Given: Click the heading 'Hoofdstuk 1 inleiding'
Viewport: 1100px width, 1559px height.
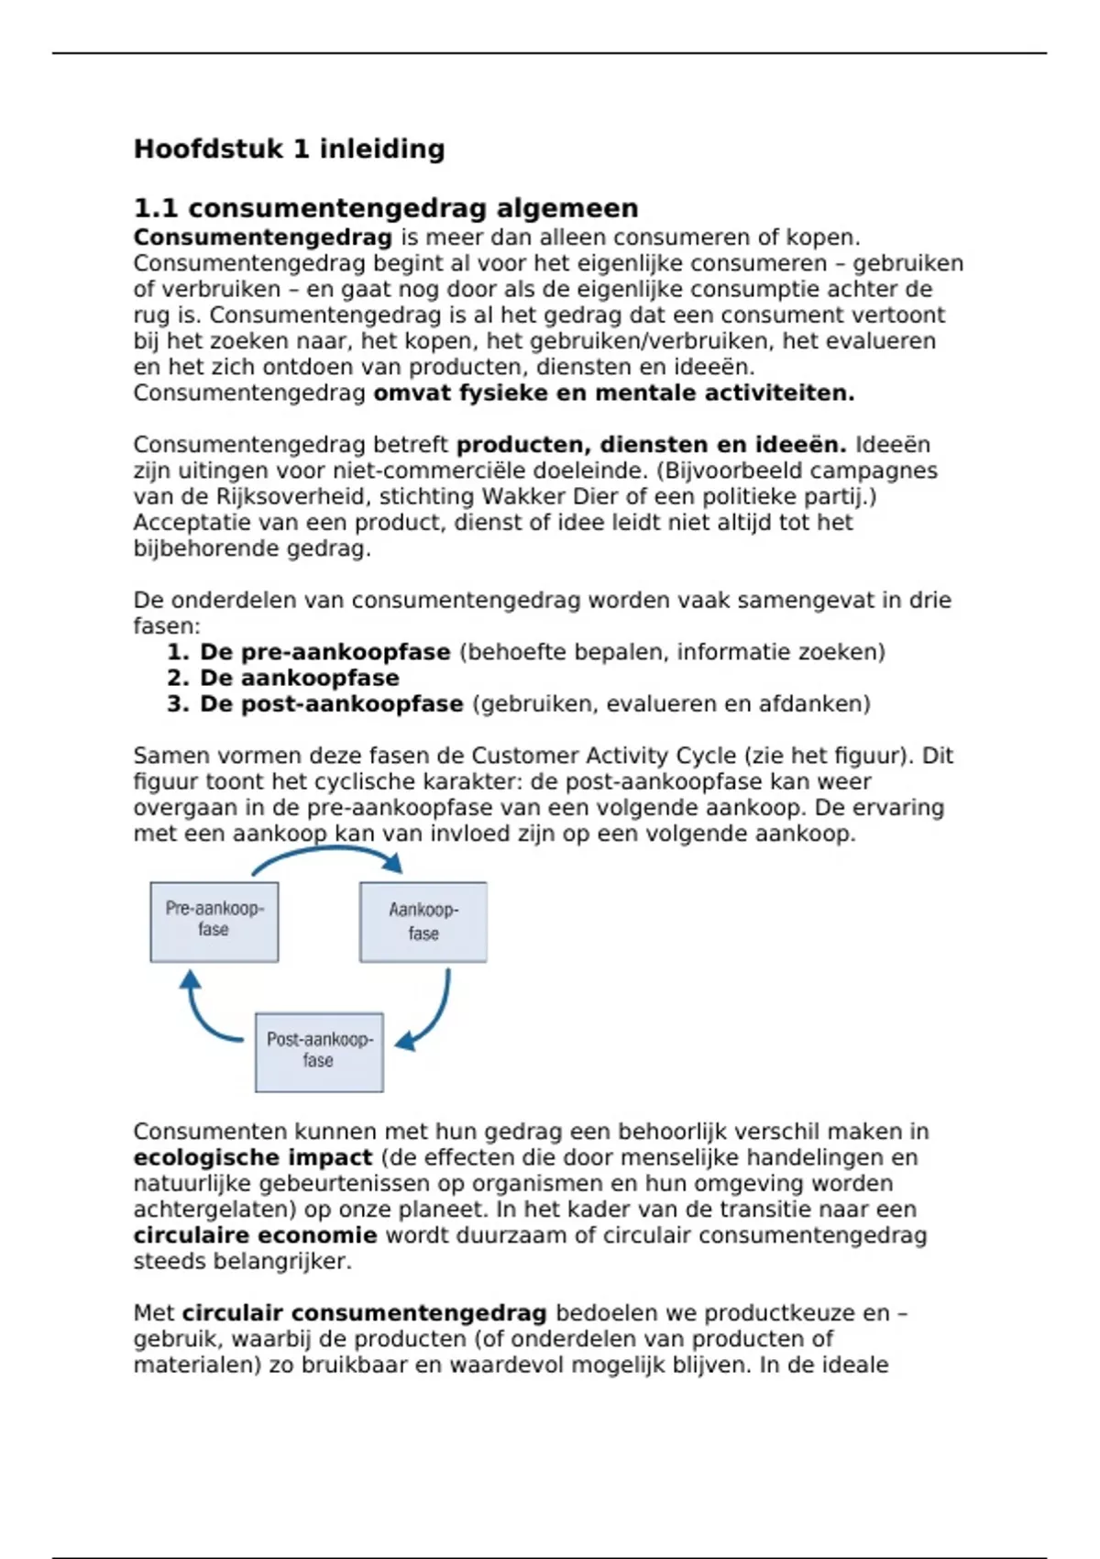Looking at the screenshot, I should coord(289,149).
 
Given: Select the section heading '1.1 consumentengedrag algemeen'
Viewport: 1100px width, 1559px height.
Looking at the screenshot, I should coord(386,208).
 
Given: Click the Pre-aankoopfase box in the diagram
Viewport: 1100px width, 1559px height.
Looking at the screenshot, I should coord(214,922).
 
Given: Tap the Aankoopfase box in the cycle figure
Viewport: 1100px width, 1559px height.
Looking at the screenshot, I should coord(423,922).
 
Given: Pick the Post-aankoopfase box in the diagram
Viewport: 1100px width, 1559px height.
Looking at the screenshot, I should coord(319,1052).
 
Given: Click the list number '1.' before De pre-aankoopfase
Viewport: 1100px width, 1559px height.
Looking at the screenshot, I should coord(178,652).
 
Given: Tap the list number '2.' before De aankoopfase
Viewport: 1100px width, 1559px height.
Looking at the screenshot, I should coord(178,678).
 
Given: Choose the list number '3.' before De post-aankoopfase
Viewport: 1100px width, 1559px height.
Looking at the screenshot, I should coord(178,703).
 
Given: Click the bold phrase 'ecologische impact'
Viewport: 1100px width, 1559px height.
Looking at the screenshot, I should coord(253,1157).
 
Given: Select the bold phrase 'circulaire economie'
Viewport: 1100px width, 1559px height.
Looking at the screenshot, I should coord(255,1235).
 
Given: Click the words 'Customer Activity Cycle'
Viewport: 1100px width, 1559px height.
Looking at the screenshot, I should coord(603,756).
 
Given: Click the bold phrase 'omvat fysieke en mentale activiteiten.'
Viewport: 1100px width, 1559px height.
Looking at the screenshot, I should coord(613,393).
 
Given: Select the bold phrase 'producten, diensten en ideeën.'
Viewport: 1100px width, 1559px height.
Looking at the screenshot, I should coord(651,445).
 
